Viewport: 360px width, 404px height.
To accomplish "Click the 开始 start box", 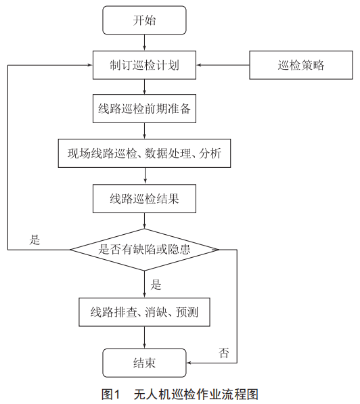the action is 144,20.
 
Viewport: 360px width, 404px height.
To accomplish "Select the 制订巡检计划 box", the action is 144,65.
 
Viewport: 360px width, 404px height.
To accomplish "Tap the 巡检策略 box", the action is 301,65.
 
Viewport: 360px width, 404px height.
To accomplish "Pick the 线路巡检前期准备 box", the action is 144,108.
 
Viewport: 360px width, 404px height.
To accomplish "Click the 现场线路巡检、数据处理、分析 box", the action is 144,154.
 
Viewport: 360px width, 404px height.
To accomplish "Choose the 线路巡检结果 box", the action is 144,199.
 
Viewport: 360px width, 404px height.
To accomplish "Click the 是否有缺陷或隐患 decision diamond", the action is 144,250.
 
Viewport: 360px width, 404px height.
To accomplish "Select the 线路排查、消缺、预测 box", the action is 144,312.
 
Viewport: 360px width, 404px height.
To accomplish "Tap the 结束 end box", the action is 144,363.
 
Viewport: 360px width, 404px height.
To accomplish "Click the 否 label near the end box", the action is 224,353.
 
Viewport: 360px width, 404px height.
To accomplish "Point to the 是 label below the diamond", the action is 156,285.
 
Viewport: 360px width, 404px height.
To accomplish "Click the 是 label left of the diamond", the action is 35,240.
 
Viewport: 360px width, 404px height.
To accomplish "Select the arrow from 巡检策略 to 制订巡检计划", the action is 223,65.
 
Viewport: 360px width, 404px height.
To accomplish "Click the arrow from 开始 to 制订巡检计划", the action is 144,43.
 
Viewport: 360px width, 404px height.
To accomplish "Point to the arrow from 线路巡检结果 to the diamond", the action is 144,221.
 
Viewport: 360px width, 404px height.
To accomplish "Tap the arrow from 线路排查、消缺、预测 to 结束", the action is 144,338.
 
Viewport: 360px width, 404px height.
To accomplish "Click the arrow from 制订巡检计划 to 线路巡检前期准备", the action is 144,87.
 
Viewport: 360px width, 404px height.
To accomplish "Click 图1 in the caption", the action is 111,395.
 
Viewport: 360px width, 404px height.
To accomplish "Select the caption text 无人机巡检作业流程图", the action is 196,395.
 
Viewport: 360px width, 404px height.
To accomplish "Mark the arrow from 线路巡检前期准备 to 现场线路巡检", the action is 144,131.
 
